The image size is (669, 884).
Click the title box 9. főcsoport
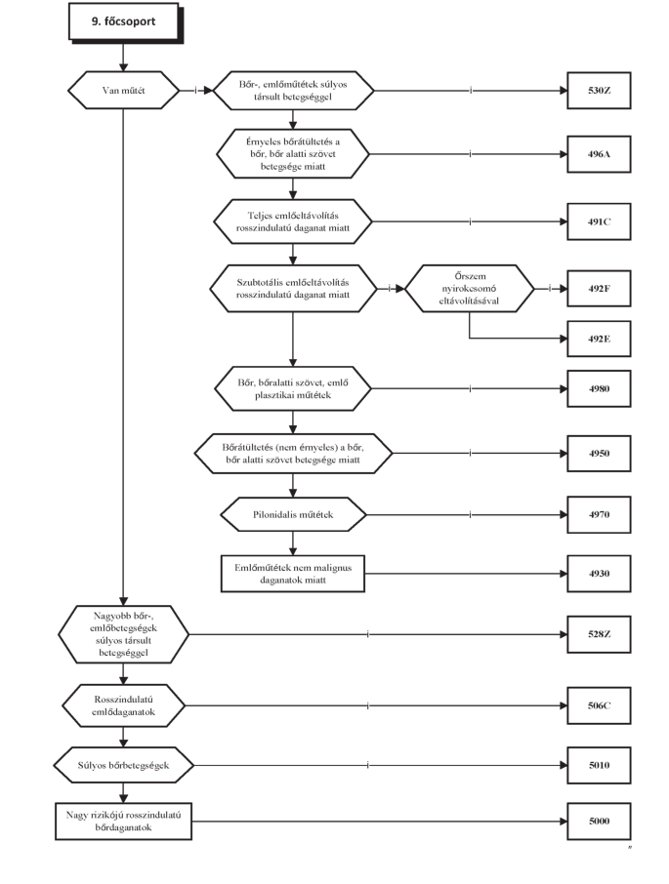tap(123, 22)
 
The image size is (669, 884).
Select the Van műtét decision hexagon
tap(123, 90)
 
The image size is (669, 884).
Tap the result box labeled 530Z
tap(599, 90)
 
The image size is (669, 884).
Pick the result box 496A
tap(599, 154)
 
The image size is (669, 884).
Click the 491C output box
tap(599, 221)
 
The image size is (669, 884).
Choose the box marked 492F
tap(599, 289)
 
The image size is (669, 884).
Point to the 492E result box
tap(599, 339)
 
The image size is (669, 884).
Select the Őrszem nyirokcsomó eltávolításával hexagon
tap(470, 289)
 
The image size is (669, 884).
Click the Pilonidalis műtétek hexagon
tap(293, 515)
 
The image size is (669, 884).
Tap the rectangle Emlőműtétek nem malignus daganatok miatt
tap(293, 574)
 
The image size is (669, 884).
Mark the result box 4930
tap(599, 574)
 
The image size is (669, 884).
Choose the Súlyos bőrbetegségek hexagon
tap(123, 765)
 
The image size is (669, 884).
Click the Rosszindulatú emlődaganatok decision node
tap(123, 705)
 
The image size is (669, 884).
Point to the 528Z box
tap(599, 634)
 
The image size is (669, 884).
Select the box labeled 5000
tap(599, 822)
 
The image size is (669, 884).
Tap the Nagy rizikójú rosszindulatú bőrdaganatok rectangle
tap(123, 822)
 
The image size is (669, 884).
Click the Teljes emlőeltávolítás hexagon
tap(293, 221)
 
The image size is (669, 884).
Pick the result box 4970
tap(599, 515)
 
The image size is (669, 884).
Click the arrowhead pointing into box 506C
tap(563, 705)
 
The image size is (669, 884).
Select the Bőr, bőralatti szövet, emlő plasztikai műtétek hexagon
tap(293, 388)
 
